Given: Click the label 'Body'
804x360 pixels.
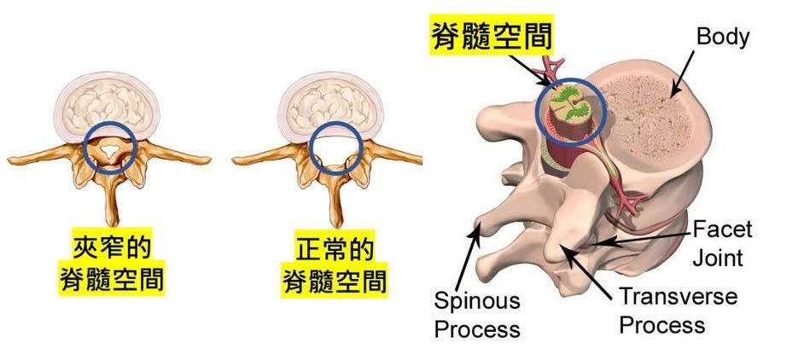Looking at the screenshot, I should (x=722, y=37).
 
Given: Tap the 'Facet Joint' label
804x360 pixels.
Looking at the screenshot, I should (x=722, y=243).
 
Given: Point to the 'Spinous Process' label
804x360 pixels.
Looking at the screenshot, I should (x=477, y=314).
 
